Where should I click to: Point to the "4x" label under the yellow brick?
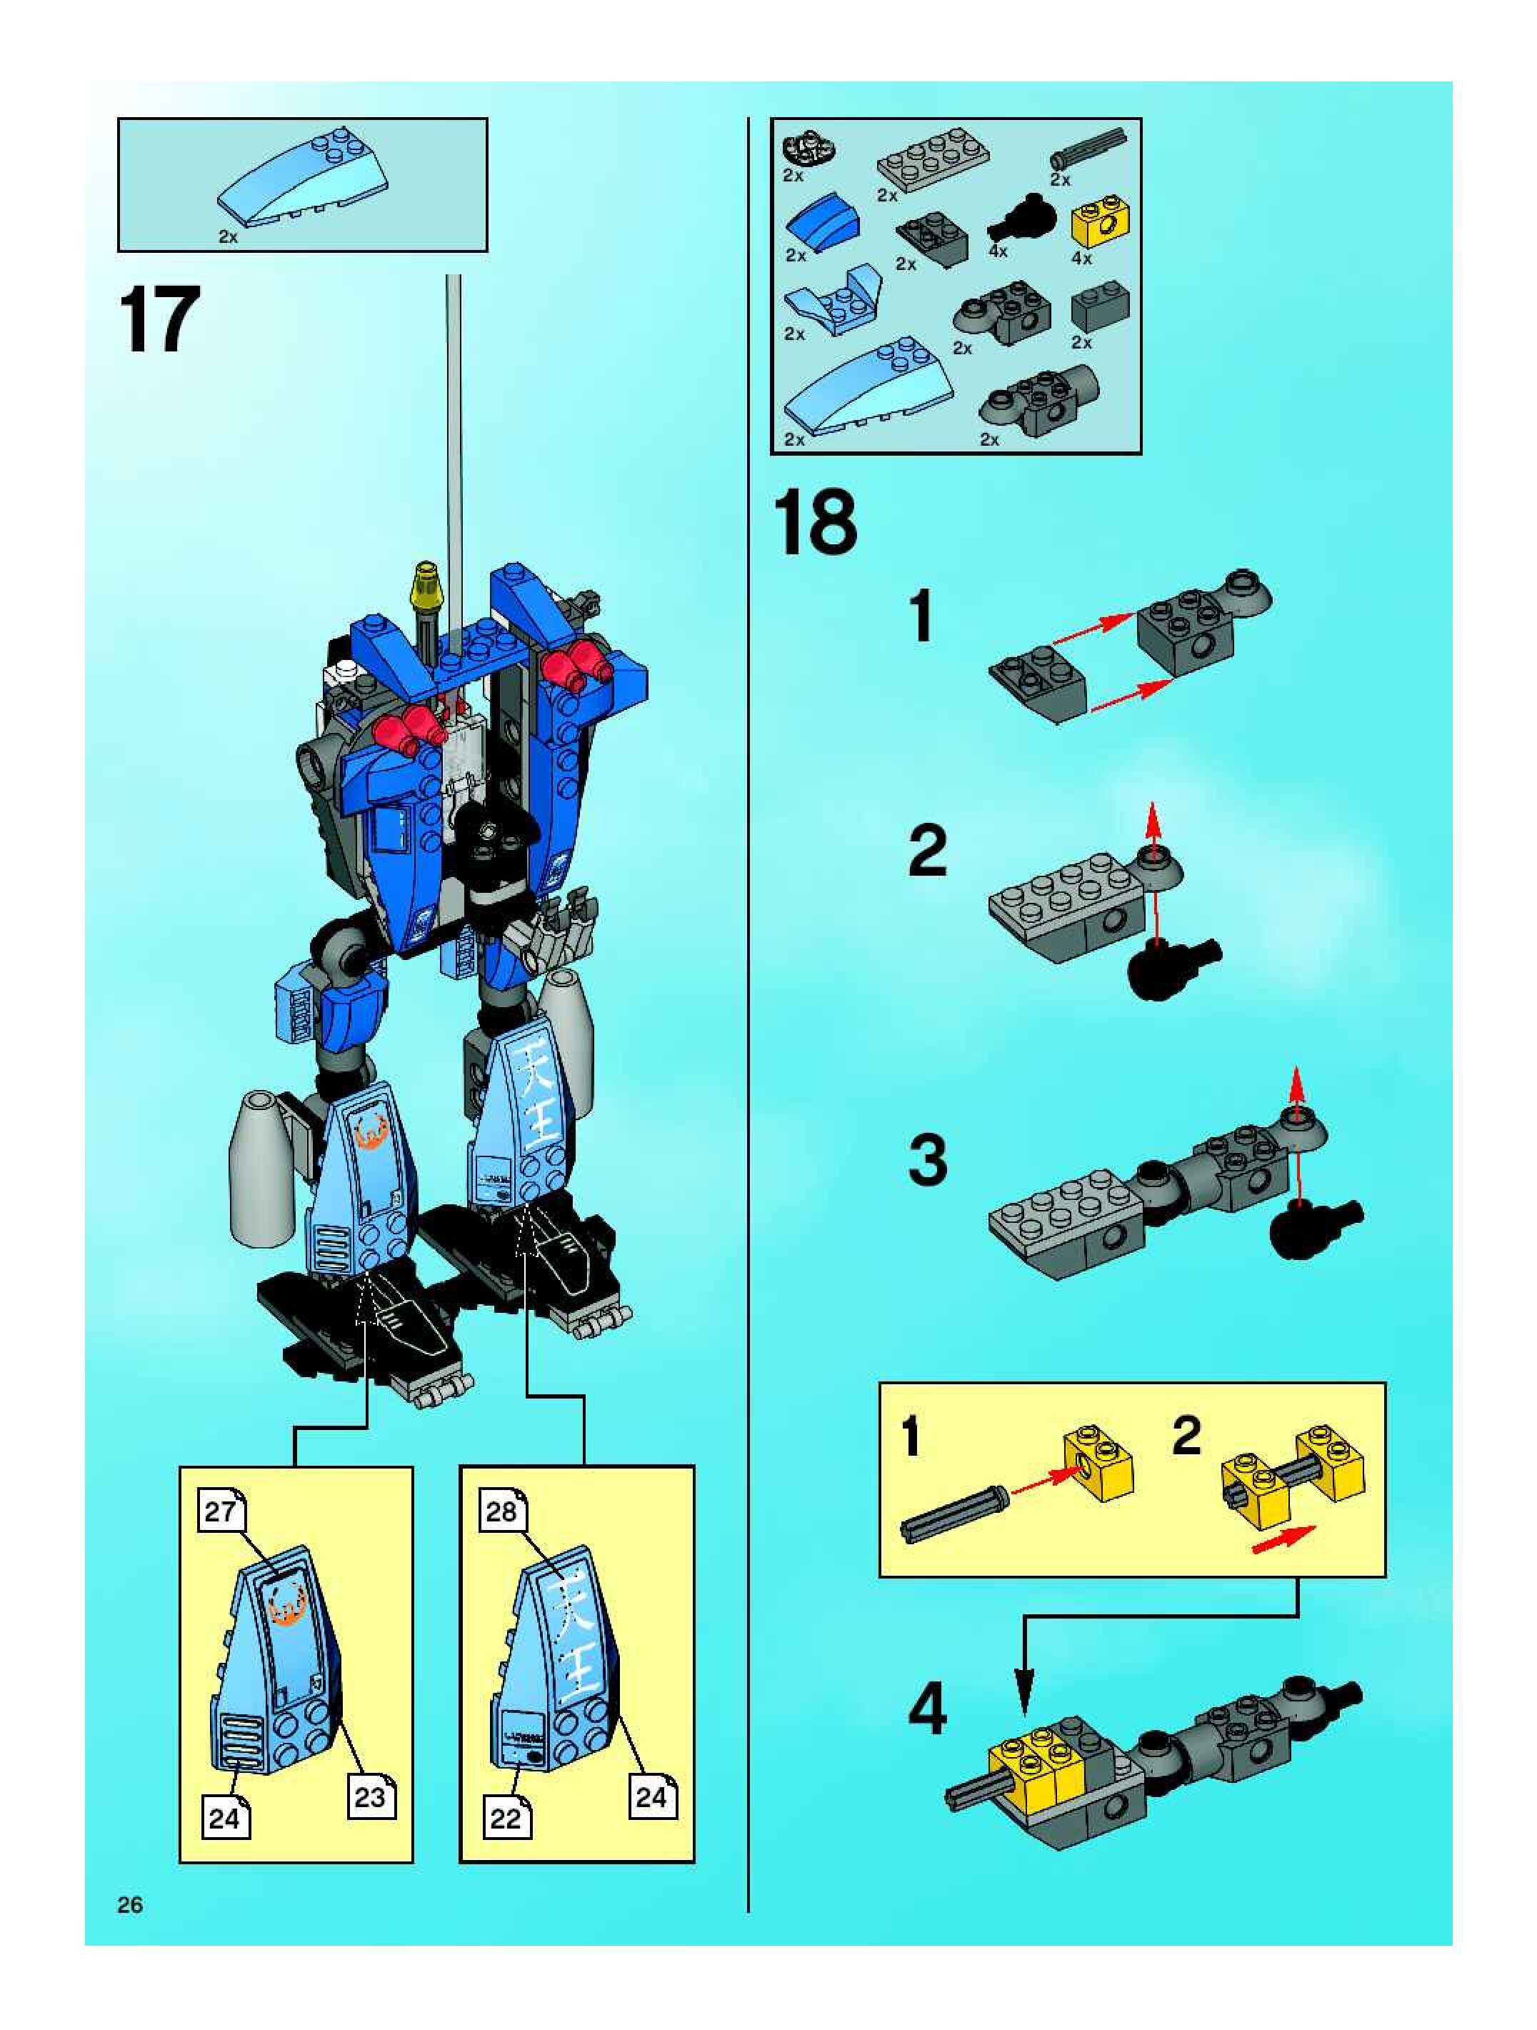click(1082, 258)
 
